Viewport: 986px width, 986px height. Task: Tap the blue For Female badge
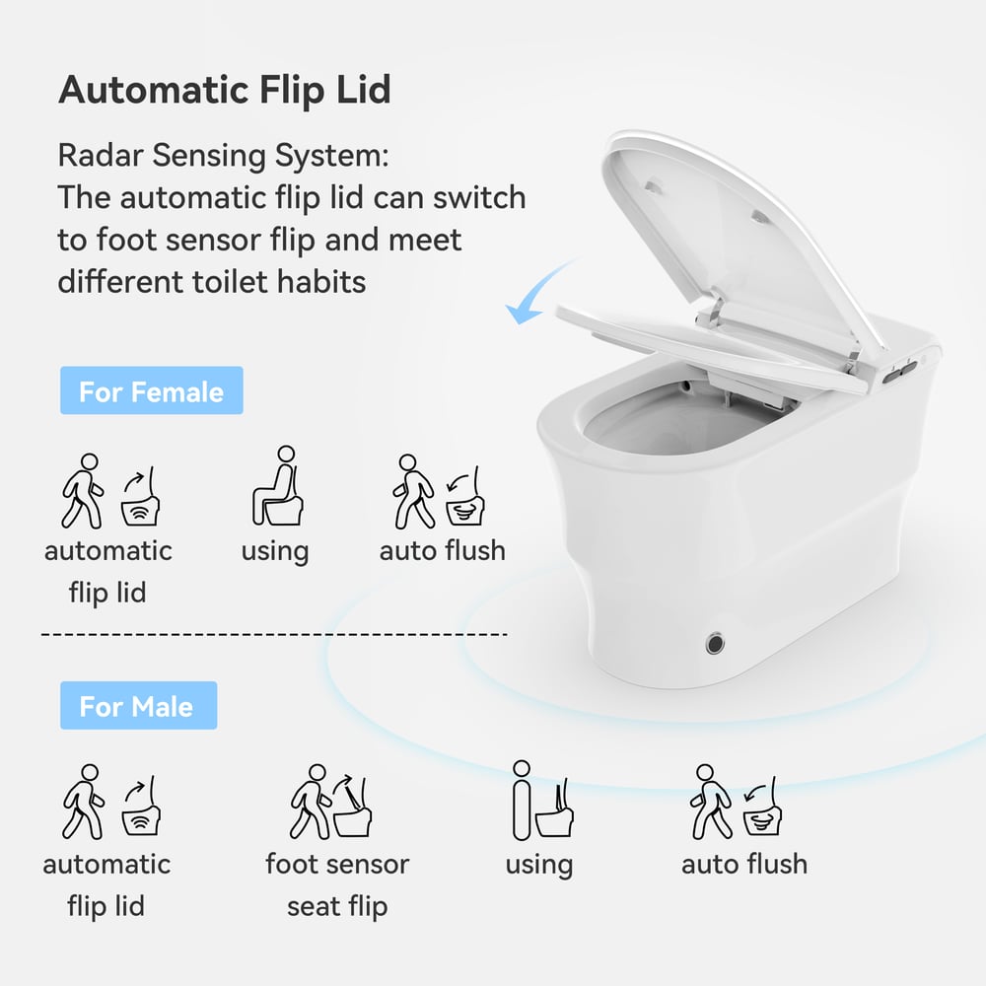151,391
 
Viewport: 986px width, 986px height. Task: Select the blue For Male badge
137,706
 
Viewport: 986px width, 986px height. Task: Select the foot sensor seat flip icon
336,801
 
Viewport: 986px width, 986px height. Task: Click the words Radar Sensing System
223,156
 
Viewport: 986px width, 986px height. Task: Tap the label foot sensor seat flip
337,884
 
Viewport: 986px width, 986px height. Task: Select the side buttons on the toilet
900,370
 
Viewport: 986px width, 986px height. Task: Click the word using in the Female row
274,550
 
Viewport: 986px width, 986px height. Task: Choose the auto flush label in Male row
743,864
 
